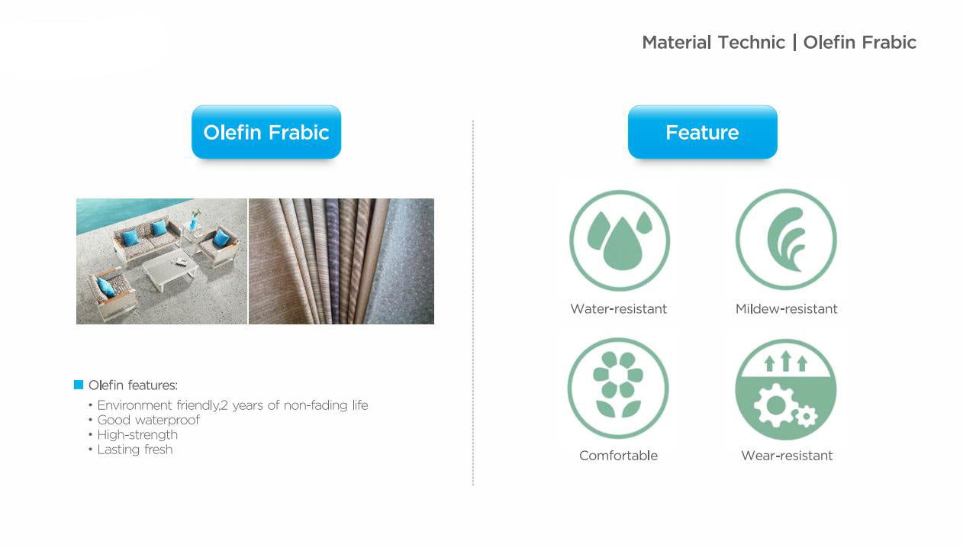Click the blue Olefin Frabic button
tap(266, 132)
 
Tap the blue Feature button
tap(703, 132)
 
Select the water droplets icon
tap(620, 240)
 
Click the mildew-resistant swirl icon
tap(786, 239)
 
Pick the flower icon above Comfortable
tap(618, 388)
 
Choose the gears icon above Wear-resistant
tap(786, 390)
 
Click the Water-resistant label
tap(618, 309)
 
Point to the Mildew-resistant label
tap(786, 309)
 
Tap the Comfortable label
tap(618, 456)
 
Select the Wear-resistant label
tap(787, 456)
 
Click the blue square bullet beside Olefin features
tap(79, 385)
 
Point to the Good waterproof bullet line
tap(144, 420)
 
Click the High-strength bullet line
tap(134, 435)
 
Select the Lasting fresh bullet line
tap(130, 450)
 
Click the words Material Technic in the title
tap(713, 43)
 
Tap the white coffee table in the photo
tap(170, 269)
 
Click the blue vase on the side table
tap(193, 223)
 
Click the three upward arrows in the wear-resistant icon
tap(786, 361)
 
